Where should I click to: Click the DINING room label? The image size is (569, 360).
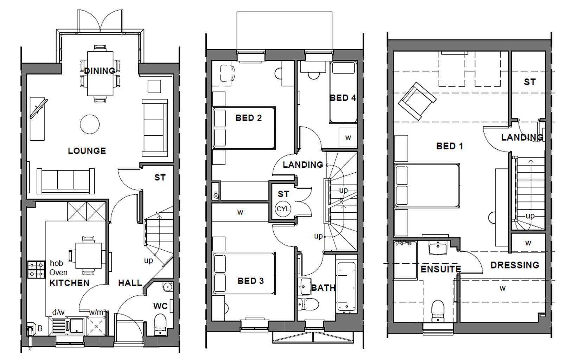(100, 71)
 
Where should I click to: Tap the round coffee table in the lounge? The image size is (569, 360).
(90, 124)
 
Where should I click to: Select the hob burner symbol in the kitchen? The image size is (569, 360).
(37, 269)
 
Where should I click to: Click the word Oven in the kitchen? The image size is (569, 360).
(58, 272)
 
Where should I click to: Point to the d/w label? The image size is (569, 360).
(58, 312)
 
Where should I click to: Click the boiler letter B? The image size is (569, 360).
(40, 329)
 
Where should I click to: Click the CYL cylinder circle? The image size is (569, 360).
(283, 209)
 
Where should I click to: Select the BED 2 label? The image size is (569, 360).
(249, 118)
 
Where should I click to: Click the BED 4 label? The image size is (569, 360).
(343, 98)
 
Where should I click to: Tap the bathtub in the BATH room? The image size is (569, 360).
(346, 287)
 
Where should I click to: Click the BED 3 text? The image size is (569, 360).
(250, 281)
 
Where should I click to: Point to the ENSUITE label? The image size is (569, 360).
(441, 269)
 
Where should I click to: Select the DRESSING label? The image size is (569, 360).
(515, 265)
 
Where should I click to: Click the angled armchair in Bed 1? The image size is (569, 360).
(417, 101)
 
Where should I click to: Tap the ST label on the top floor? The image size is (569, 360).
(530, 82)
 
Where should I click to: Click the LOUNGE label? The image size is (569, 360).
(87, 151)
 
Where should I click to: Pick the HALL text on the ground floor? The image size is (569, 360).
(130, 283)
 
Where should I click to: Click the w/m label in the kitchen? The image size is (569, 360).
(96, 312)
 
